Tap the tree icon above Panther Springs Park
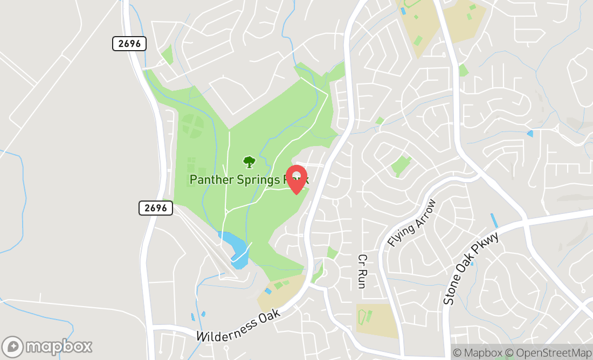point(249,161)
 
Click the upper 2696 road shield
point(129,44)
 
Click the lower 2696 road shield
point(156,208)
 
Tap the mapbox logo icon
point(12,346)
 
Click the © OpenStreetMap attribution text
point(553,353)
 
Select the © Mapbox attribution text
point(482,353)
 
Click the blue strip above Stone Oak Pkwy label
point(494,220)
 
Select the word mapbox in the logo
point(59,346)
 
